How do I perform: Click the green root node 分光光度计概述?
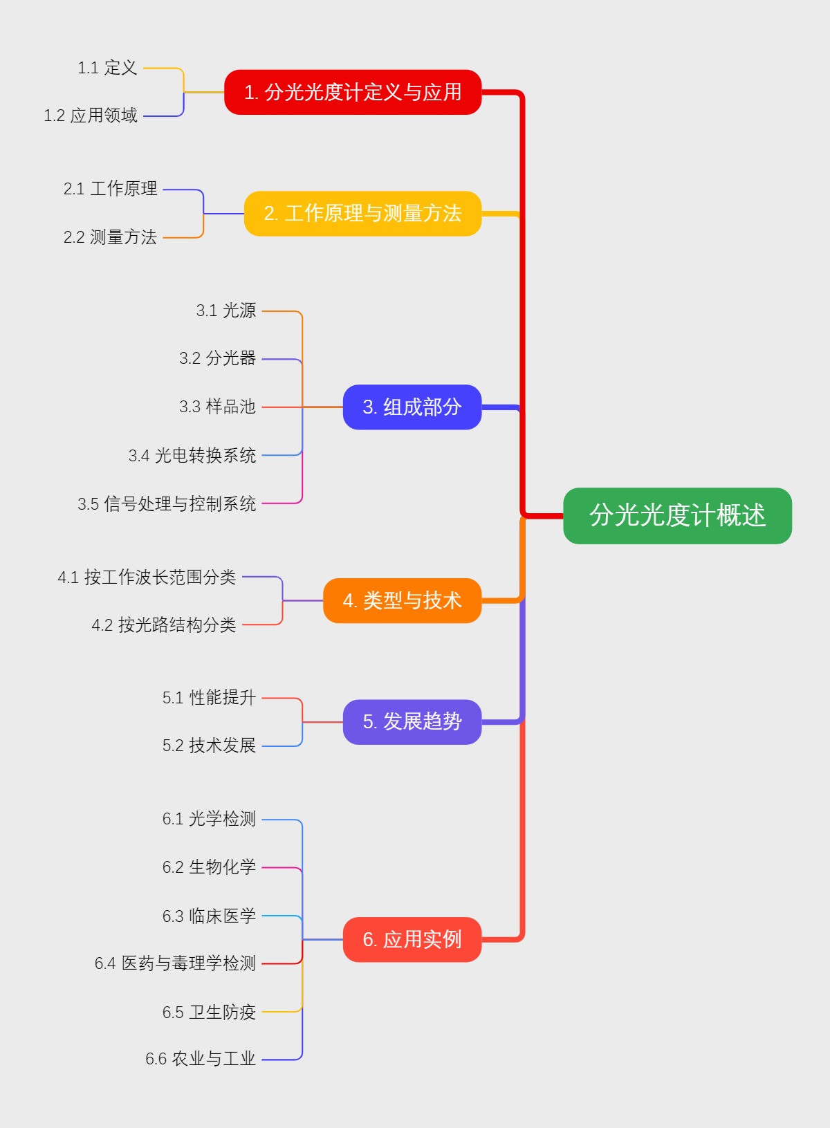(x=677, y=516)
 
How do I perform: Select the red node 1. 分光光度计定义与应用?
(x=353, y=92)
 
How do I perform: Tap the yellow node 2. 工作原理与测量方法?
(x=362, y=214)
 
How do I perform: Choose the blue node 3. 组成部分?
(x=412, y=407)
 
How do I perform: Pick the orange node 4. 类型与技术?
(x=402, y=600)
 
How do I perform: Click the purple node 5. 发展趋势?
(x=412, y=722)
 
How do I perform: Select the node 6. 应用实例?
(x=412, y=939)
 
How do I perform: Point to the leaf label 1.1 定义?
(x=107, y=68)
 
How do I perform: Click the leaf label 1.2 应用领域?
(x=91, y=115)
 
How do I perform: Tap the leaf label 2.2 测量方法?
(x=110, y=237)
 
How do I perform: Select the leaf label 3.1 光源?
(x=225, y=311)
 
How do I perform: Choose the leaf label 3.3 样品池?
(x=217, y=407)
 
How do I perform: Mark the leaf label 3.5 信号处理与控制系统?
(x=167, y=503)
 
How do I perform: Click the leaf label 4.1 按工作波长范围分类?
(x=147, y=577)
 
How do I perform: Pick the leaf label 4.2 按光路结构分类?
(x=164, y=625)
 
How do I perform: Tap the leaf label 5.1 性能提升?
(x=209, y=697)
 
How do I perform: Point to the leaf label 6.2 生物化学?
(x=209, y=867)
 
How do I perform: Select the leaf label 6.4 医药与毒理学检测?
(x=175, y=963)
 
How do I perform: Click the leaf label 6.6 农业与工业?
(x=201, y=1059)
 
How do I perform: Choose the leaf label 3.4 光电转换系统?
(x=192, y=455)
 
